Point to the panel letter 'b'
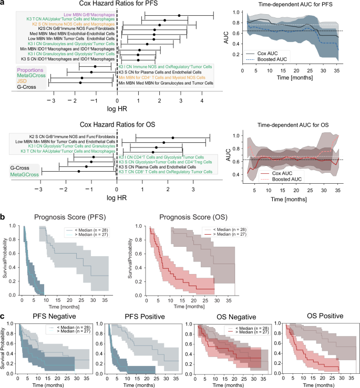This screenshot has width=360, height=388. tap(3, 216)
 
